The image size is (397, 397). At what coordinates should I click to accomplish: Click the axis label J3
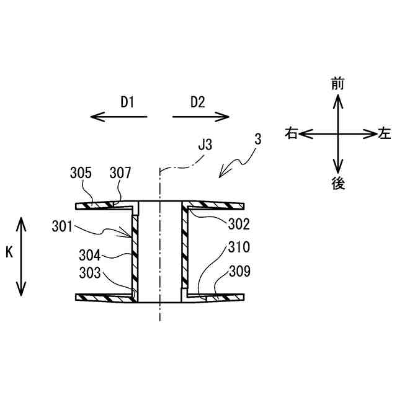point(205,146)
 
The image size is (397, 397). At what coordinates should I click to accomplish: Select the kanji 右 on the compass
point(291,133)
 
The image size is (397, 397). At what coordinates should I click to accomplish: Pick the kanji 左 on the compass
point(385,133)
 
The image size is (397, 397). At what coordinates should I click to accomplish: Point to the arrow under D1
point(118,116)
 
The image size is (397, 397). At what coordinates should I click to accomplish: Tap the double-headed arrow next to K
point(22,255)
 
